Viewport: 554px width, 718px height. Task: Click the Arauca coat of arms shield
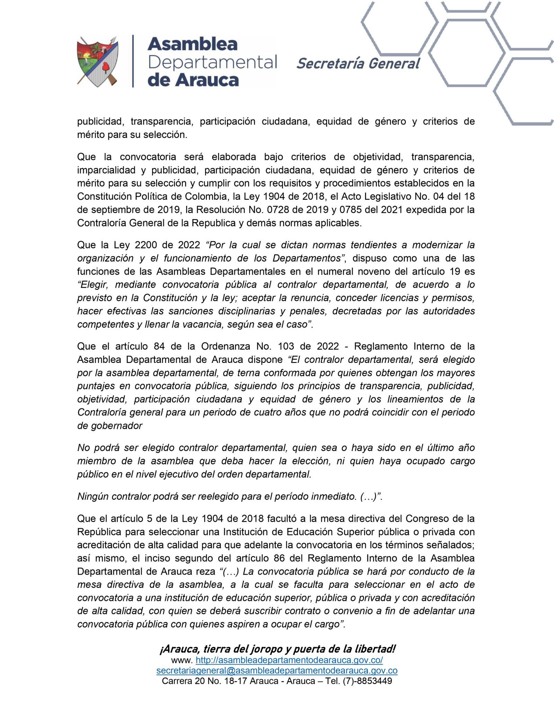click(x=98, y=61)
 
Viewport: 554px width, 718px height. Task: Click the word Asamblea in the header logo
click(x=193, y=44)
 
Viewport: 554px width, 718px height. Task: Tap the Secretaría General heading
click(x=358, y=64)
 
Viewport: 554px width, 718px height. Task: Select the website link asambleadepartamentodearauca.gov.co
click(x=289, y=660)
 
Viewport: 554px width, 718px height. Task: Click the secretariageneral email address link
click(x=277, y=671)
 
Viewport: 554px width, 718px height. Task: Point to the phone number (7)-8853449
click(x=367, y=681)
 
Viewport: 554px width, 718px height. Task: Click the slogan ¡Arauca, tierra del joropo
click(x=277, y=649)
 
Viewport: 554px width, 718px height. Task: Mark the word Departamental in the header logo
click(x=212, y=63)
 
